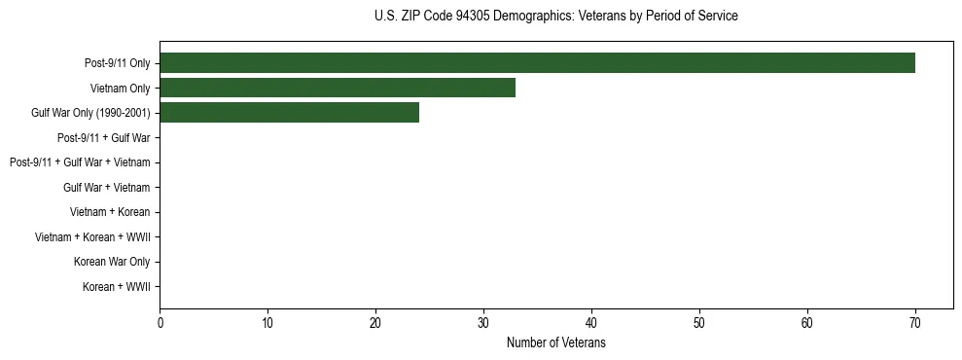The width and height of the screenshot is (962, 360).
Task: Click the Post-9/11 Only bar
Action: coord(537,63)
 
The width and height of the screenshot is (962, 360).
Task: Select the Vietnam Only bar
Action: coord(338,89)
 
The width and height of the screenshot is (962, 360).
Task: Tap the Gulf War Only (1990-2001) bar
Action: coord(289,113)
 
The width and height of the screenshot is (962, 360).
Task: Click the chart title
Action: coord(555,17)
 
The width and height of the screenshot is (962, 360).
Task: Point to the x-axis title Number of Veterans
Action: coord(555,343)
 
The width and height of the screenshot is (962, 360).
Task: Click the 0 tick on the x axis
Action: coord(160,323)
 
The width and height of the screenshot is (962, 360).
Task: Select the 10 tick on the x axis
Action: coord(267,323)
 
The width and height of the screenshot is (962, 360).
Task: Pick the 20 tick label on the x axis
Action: coord(375,323)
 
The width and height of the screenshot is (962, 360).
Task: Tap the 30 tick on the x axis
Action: coord(483,323)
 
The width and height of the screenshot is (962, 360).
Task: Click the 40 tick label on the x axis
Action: coord(591,323)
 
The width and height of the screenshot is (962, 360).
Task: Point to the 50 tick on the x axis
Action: coord(699,323)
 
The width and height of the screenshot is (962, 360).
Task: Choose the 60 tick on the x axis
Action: coord(807,323)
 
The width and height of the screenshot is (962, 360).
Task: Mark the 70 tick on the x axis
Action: coord(915,323)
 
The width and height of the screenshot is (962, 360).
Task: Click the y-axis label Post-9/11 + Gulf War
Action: coord(103,138)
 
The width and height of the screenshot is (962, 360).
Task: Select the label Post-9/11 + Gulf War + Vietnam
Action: coord(80,162)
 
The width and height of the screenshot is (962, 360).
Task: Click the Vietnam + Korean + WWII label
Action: coord(92,237)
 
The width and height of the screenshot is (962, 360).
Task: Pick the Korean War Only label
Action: coord(112,262)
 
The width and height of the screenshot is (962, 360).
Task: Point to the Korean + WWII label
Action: coord(116,287)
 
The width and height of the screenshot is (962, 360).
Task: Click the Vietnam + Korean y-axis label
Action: coord(110,212)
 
